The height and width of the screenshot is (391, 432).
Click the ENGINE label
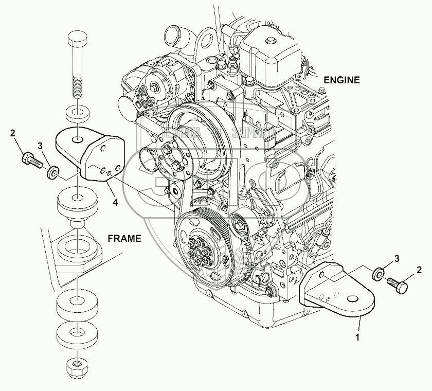tap(342, 80)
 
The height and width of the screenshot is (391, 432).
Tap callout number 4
tap(115, 202)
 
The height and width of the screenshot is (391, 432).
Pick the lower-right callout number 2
tap(419, 269)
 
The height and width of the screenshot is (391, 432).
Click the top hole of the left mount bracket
tap(76, 139)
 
